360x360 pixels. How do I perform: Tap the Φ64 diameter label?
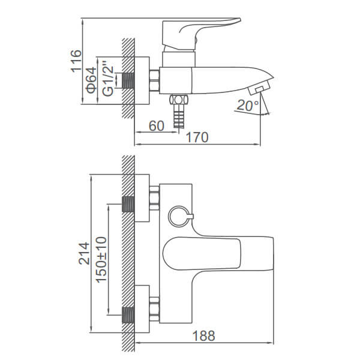tap(91, 80)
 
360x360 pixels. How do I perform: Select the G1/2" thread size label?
tap(107, 79)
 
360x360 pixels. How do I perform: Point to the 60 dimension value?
tap(157, 126)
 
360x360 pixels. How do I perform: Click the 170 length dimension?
tap(197, 137)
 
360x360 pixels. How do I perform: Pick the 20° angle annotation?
tap(247, 105)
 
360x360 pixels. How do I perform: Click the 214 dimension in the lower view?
tap(84, 253)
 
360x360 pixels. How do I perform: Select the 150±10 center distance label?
tap(101, 260)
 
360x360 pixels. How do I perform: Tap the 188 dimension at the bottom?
tap(203, 336)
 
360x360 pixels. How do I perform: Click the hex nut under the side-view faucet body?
tap(179, 100)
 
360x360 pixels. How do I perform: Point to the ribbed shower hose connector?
tap(179, 116)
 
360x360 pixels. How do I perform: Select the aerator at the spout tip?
tap(259, 88)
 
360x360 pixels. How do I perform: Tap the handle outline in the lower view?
tap(202, 253)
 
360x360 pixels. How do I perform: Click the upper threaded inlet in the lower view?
tap(128, 204)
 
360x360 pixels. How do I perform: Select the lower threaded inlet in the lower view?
tap(128, 315)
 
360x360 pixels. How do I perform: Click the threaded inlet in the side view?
tap(128, 80)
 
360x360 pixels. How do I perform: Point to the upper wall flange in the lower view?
tap(142, 198)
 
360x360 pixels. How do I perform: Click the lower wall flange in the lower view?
tap(142, 309)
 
